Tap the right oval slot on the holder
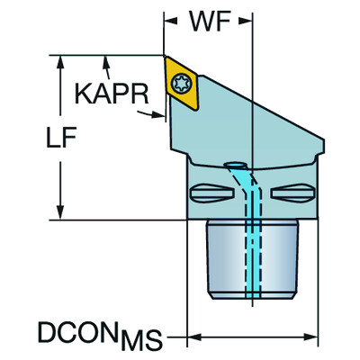coord(292,191)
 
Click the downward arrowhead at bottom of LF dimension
coord(60,213)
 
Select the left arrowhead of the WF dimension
coord(168,19)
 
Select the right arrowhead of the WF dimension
coord(247,19)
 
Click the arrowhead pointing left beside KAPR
coord(163,112)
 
